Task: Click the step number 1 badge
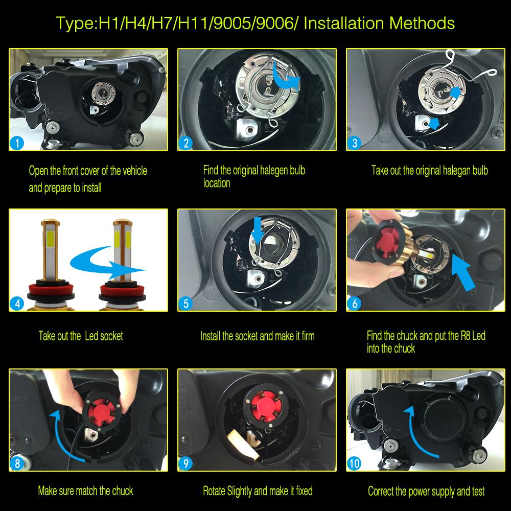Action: (17, 143)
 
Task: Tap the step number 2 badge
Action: (185, 143)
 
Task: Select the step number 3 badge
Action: (355, 143)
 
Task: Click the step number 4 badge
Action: (17, 304)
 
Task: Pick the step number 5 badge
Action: (185, 304)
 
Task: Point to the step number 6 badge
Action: (355, 304)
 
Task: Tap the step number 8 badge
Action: (17, 464)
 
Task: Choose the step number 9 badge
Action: (185, 464)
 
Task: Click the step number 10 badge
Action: (355, 464)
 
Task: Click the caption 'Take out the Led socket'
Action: (81, 336)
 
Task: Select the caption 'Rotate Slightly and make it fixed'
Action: (258, 492)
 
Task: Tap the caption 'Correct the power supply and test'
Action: (426, 492)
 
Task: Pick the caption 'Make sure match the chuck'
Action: (85, 492)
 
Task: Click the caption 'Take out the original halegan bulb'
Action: (429, 171)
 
